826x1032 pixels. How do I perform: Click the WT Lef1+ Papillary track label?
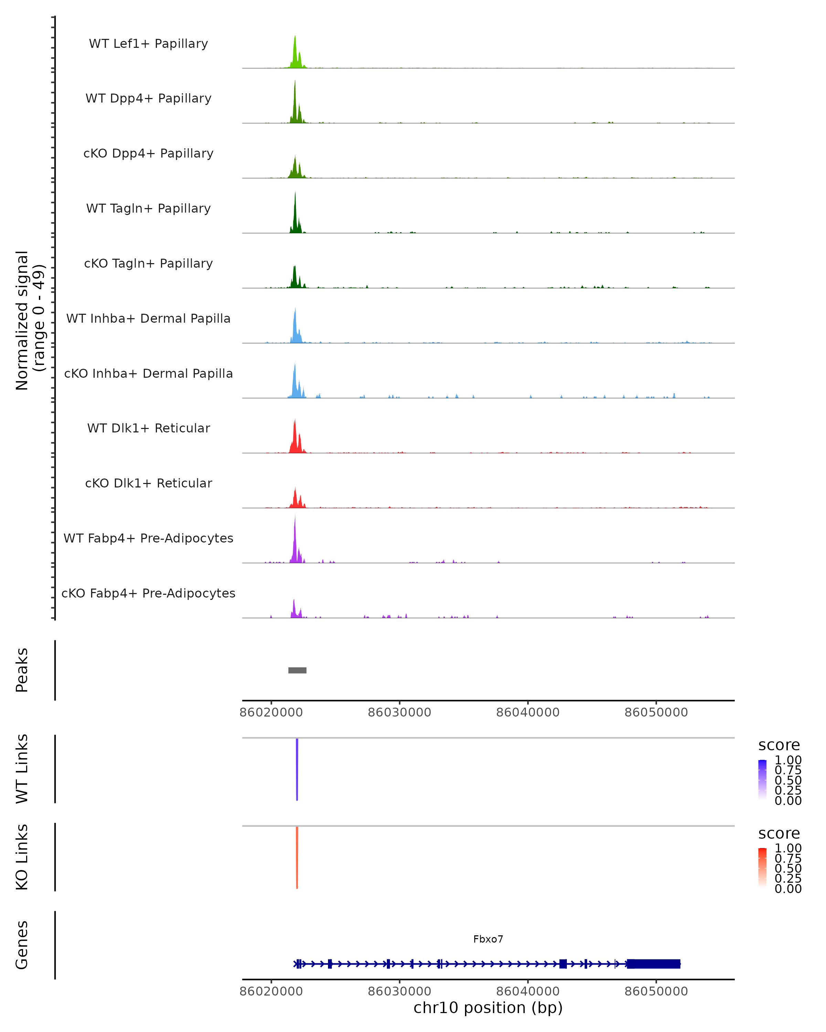point(148,44)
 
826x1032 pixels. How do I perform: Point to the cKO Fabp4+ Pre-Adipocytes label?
point(148,593)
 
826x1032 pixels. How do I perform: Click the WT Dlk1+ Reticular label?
point(148,428)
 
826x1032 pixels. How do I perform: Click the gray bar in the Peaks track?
point(297,670)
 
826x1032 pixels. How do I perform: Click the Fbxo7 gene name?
point(488,939)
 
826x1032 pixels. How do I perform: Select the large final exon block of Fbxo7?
point(654,964)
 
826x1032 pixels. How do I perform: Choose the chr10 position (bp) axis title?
point(488,1008)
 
